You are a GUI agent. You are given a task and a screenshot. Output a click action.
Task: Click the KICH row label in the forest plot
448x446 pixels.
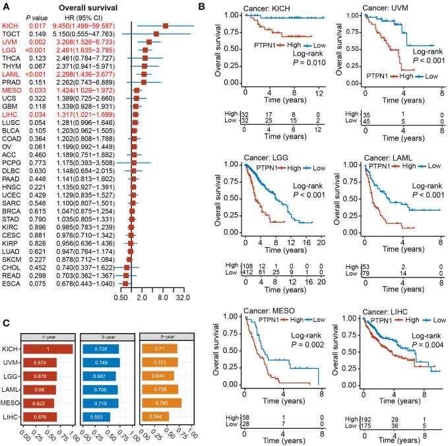[x=12, y=24]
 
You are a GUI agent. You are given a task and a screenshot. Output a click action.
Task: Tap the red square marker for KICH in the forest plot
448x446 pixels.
[x=166, y=24]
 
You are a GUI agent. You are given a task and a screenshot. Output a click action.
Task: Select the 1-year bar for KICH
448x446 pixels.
[x=47, y=348]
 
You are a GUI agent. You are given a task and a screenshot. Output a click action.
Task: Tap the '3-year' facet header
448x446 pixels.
[x=105, y=337]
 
